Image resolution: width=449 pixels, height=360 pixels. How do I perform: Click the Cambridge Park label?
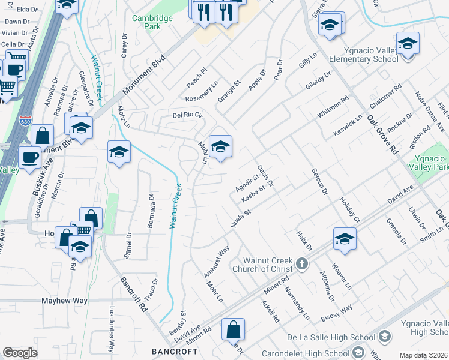152,23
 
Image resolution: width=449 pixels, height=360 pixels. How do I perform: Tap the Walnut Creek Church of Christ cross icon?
302,263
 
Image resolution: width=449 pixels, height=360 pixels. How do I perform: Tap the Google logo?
20,353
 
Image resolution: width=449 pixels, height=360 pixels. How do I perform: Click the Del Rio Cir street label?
187,115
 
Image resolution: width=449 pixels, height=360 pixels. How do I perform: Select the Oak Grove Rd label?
382,133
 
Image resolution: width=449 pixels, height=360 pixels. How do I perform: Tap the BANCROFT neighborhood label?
175,351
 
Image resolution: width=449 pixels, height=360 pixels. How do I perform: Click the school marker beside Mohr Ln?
220,146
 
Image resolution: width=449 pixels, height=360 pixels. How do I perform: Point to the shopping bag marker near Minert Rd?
233,329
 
